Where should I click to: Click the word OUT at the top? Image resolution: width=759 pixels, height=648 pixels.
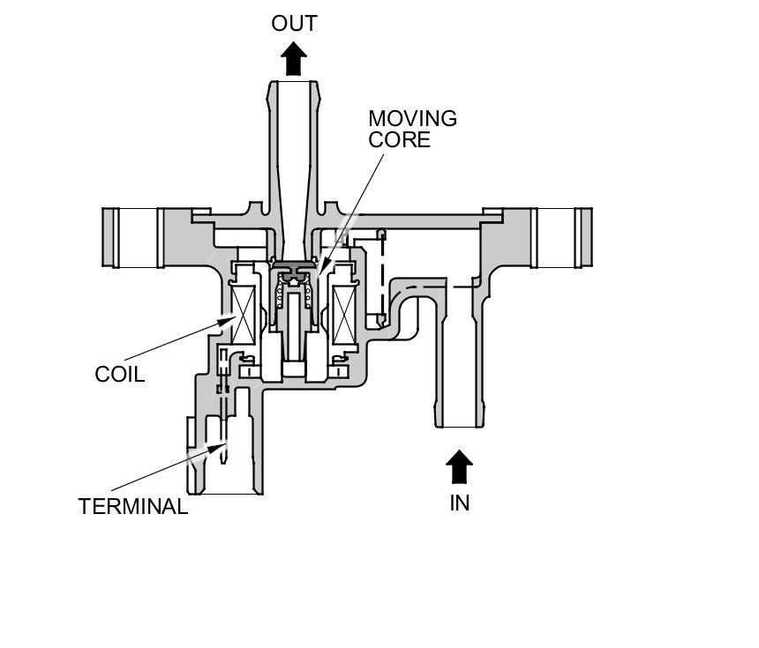coord(294,24)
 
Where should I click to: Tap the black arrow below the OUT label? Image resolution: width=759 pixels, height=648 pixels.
coord(294,60)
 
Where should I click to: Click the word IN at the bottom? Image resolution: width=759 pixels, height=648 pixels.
coord(459,503)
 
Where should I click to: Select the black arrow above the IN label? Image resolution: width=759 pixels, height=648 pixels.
coord(459,466)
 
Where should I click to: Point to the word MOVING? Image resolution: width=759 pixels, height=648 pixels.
coord(412,119)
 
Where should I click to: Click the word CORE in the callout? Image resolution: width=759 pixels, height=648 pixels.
coord(399,140)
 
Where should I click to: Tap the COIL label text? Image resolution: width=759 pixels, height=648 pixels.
coord(119,375)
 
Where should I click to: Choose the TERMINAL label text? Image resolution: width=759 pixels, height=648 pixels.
coord(132,507)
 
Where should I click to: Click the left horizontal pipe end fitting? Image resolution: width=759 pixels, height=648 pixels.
coord(133,237)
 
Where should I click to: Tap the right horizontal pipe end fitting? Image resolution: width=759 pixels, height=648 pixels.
coord(561,237)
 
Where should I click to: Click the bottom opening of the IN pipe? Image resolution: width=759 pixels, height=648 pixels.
coord(459,426)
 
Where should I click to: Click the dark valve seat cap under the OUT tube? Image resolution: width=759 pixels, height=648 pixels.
coord(293,265)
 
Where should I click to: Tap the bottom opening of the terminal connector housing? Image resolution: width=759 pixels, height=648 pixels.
coord(225,492)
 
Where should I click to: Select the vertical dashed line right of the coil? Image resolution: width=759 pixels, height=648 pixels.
coord(381,278)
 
